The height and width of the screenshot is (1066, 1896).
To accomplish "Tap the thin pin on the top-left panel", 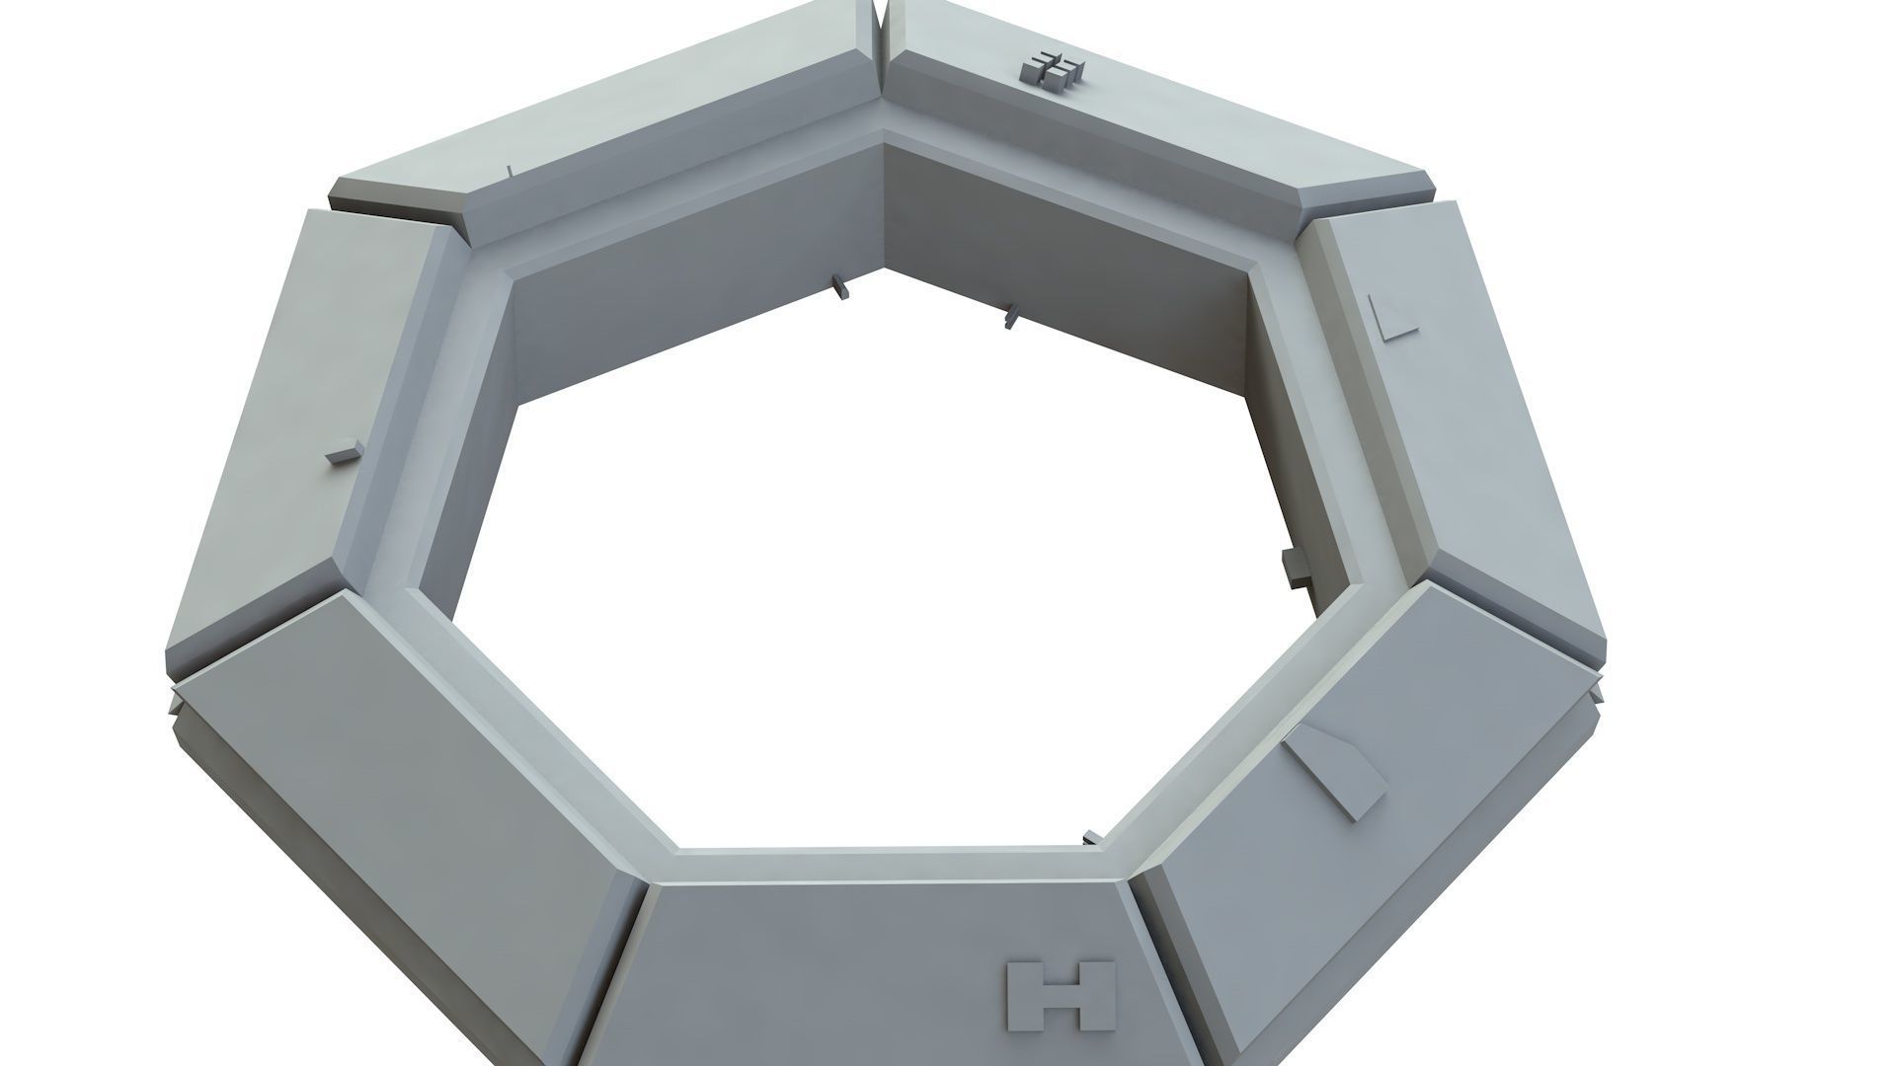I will coord(508,173).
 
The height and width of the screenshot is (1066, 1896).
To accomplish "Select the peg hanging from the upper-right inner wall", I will coord(1009,317).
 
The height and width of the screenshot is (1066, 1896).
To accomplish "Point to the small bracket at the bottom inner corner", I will coord(1091,838).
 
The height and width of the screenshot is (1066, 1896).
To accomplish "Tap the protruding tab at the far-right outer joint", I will coord(1597,688).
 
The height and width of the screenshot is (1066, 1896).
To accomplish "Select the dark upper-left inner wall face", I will coord(691,286).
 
